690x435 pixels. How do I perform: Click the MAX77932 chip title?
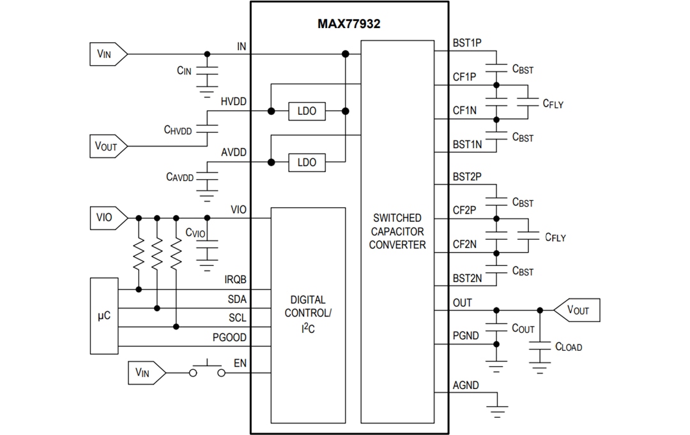(349, 24)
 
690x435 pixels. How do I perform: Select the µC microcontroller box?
(103, 316)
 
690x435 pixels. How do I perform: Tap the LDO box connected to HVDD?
(306, 111)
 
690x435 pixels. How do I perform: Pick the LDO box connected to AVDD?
(306, 162)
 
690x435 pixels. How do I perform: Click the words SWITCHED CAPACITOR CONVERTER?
(397, 231)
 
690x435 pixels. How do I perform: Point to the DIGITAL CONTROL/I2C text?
(308, 313)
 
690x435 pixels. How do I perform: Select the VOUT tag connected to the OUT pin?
(576, 310)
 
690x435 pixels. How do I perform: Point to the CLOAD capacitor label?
(568, 347)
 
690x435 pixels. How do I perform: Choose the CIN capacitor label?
(183, 71)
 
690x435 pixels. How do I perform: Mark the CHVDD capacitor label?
(178, 130)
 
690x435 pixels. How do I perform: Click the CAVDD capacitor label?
(180, 177)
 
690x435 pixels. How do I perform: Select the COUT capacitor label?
(523, 328)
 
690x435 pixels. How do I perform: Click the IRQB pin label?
(234, 279)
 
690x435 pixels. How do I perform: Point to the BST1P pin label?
(467, 43)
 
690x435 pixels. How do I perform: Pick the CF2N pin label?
(464, 244)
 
